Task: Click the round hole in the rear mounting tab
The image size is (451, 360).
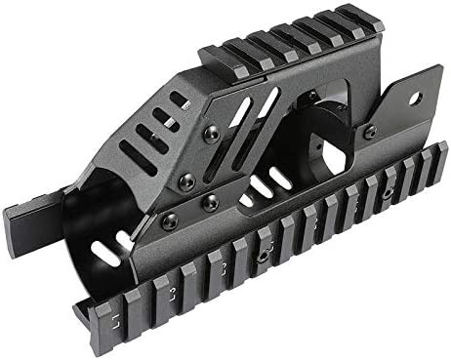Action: pos(413,98)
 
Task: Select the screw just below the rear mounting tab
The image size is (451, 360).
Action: pos(370,131)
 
